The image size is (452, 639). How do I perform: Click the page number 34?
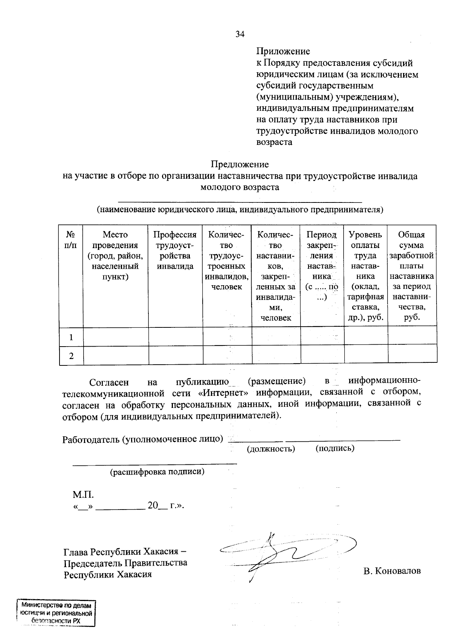pos(240,34)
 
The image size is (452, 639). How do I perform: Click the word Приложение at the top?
pos(283,51)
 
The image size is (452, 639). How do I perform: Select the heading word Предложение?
pos(240,164)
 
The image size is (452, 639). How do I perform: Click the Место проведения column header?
pos(115,256)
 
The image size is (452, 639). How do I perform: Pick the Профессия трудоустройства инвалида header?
pos(175,250)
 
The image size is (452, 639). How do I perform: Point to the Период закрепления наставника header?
pos(321,266)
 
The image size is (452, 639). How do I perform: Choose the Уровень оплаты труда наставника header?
pos(365,276)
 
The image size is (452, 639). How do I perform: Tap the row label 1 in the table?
pos(71,337)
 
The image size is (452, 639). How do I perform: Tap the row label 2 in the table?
pos(71,356)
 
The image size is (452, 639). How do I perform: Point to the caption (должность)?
pos(270,449)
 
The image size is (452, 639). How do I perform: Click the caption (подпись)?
pos(334,448)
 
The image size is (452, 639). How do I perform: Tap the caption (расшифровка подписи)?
pos(157,472)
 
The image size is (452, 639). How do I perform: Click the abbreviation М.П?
pos(83,494)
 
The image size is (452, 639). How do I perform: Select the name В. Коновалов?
pos(392,571)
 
